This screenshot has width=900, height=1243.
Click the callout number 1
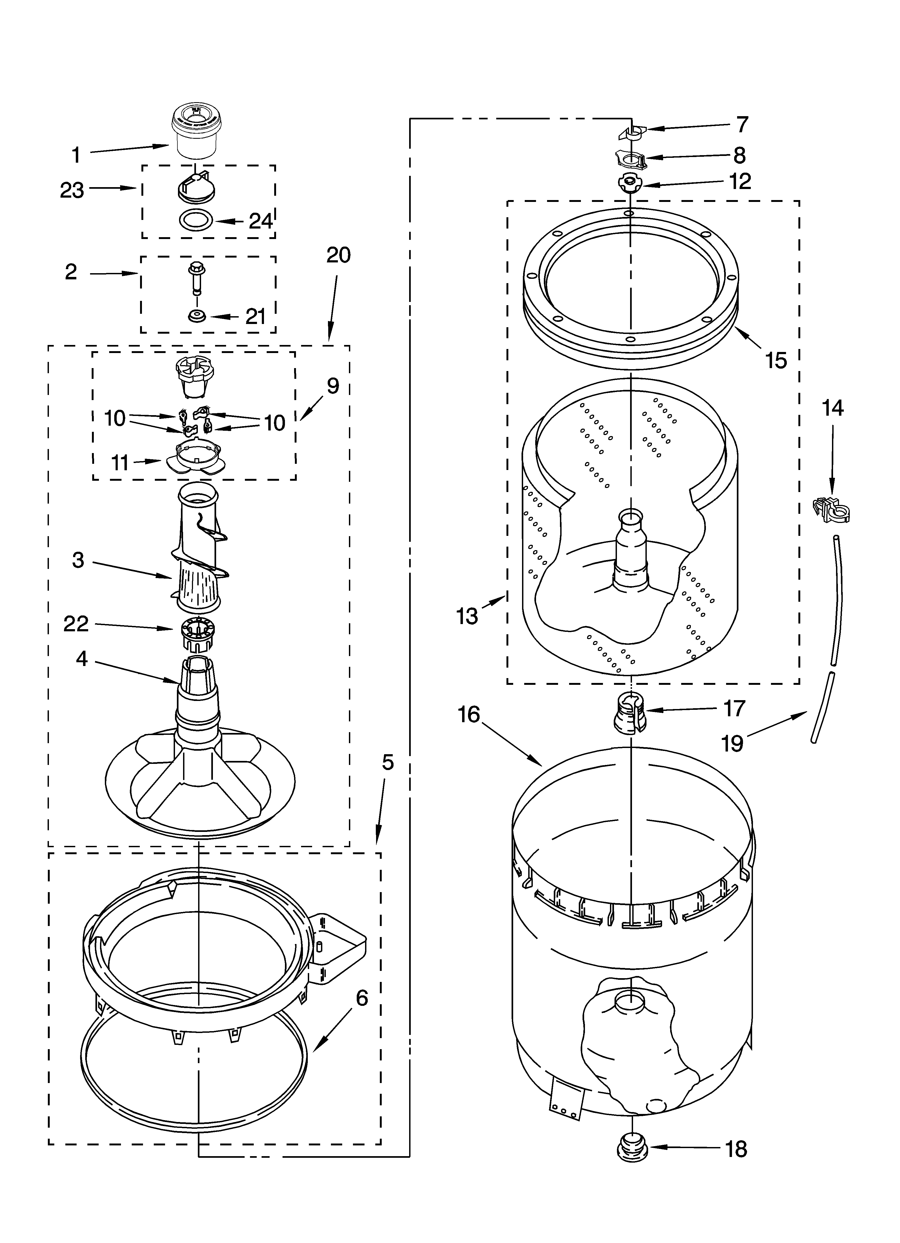coord(76,155)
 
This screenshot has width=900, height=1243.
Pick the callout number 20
coord(338,255)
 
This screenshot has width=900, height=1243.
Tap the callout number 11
coord(120,463)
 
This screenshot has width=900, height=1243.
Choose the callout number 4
coord(82,658)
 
